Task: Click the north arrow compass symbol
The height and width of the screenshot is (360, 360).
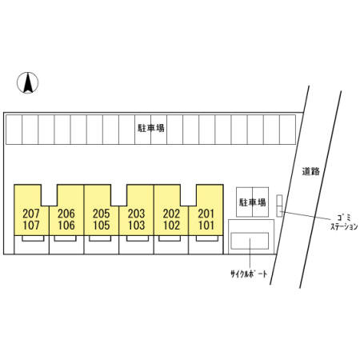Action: pyautogui.click(x=28, y=82)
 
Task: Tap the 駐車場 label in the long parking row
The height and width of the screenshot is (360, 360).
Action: pyautogui.click(x=151, y=128)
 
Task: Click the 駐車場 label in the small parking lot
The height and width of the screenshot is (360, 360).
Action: pyautogui.click(x=252, y=202)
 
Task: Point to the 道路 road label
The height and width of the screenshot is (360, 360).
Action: pyautogui.click(x=310, y=171)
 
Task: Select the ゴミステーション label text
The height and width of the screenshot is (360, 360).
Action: pyautogui.click(x=344, y=222)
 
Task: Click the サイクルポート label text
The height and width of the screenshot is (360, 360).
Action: pyautogui.click(x=249, y=274)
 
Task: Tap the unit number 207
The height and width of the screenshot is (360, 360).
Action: pyautogui.click(x=31, y=214)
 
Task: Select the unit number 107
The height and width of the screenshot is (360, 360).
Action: pyautogui.click(x=31, y=226)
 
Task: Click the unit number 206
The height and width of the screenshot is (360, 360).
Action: pyautogui.click(x=66, y=214)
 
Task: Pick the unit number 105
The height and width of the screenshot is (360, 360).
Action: pyautogui.click(x=102, y=226)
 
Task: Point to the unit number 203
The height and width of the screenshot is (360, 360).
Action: pyautogui.click(x=136, y=214)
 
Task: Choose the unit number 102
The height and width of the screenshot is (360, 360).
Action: pyautogui.click(x=171, y=226)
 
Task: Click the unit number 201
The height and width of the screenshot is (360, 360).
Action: pyautogui.click(x=206, y=214)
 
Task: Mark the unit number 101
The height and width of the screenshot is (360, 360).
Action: pyautogui.click(x=206, y=226)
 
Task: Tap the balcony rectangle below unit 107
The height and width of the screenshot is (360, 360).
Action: pyautogui.click(x=33, y=238)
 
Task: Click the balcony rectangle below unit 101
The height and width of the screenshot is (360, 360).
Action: pyautogui.click(x=207, y=238)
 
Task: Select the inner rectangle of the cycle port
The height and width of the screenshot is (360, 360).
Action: pyautogui.click(x=250, y=241)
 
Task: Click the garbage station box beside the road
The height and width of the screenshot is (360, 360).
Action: pyautogui.click(x=279, y=206)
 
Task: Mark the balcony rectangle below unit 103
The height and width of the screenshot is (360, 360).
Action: pyautogui.click(x=138, y=238)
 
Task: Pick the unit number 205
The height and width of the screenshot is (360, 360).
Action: pyautogui.click(x=102, y=214)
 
